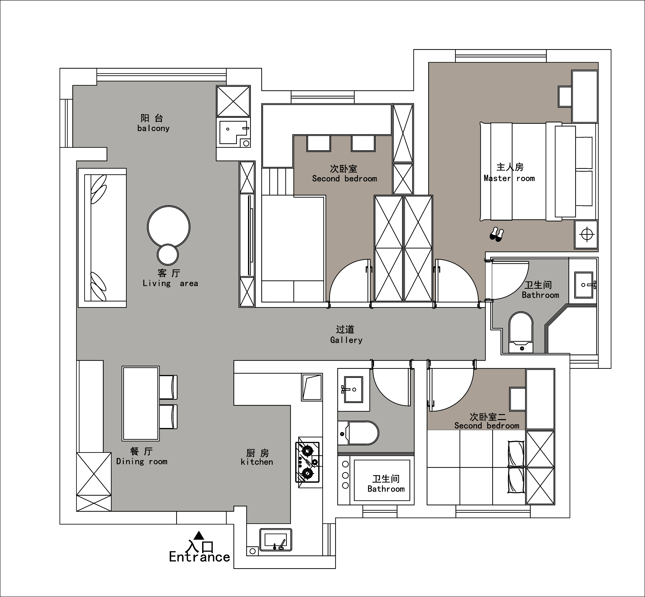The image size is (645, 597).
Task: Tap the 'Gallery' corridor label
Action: click(346, 340)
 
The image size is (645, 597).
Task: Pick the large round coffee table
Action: click(169, 227)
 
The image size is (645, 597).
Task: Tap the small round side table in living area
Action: click(168, 255)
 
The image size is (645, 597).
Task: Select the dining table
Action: click(140, 403)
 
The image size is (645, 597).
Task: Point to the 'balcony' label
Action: click(153, 128)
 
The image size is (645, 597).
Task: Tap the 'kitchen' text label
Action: click(257, 462)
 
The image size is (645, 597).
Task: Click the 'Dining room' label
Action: click(142, 461)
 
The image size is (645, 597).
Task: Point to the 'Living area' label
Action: click(170, 283)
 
